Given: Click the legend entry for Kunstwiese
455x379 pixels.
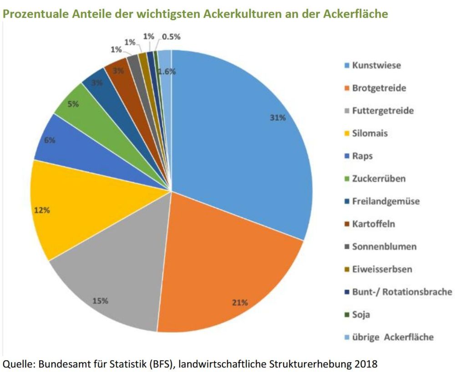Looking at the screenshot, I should click(x=376, y=66).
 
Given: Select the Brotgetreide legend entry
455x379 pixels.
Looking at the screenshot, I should click(x=379, y=88).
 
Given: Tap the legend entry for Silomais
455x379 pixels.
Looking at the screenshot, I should click(x=370, y=133).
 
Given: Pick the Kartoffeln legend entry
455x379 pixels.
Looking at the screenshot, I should click(x=374, y=224).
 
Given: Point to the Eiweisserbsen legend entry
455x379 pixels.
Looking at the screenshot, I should click(x=382, y=269).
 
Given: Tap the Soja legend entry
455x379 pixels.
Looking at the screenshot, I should click(x=361, y=314).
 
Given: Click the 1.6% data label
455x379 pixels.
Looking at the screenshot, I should click(x=167, y=71).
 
